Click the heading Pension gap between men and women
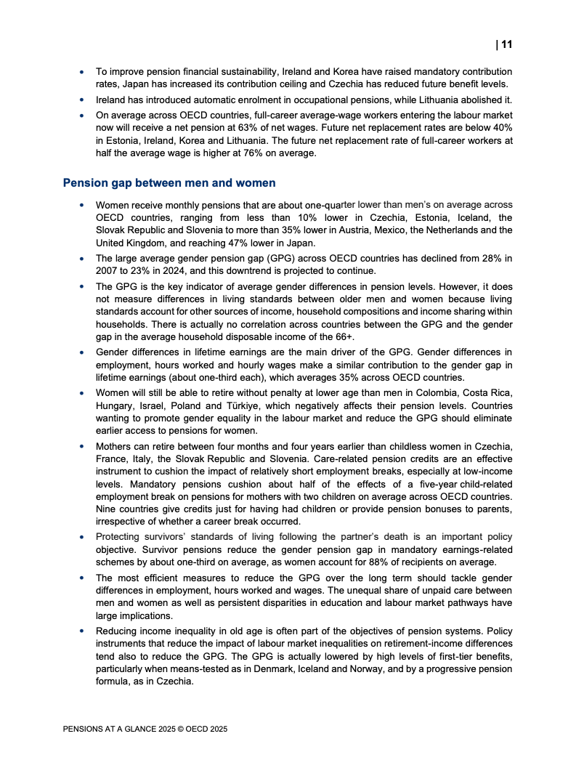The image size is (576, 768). tap(169, 183)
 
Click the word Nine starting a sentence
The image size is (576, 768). tap(107, 509)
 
